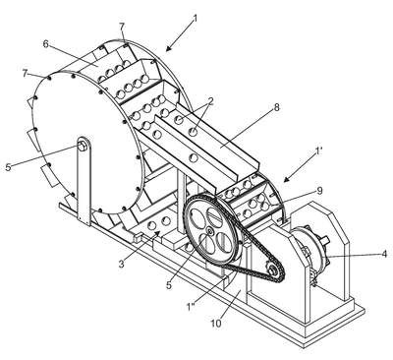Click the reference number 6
click(x=46, y=44)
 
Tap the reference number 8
click(x=277, y=107)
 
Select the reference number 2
click(x=210, y=101)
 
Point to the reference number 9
click(x=320, y=191)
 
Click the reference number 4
click(x=384, y=254)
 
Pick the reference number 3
click(x=122, y=264)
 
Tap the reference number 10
click(x=216, y=324)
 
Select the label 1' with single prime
click(x=318, y=151)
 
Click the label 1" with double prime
click(x=191, y=307)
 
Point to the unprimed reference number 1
click(x=196, y=19)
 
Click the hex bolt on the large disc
click(x=82, y=147)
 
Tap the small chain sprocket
click(x=272, y=270)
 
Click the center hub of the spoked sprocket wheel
click(x=209, y=232)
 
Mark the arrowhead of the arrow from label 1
click(x=168, y=49)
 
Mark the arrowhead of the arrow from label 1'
click(x=286, y=179)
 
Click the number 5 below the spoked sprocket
click(x=169, y=285)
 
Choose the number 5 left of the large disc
click(x=8, y=167)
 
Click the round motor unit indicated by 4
click(x=309, y=251)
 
